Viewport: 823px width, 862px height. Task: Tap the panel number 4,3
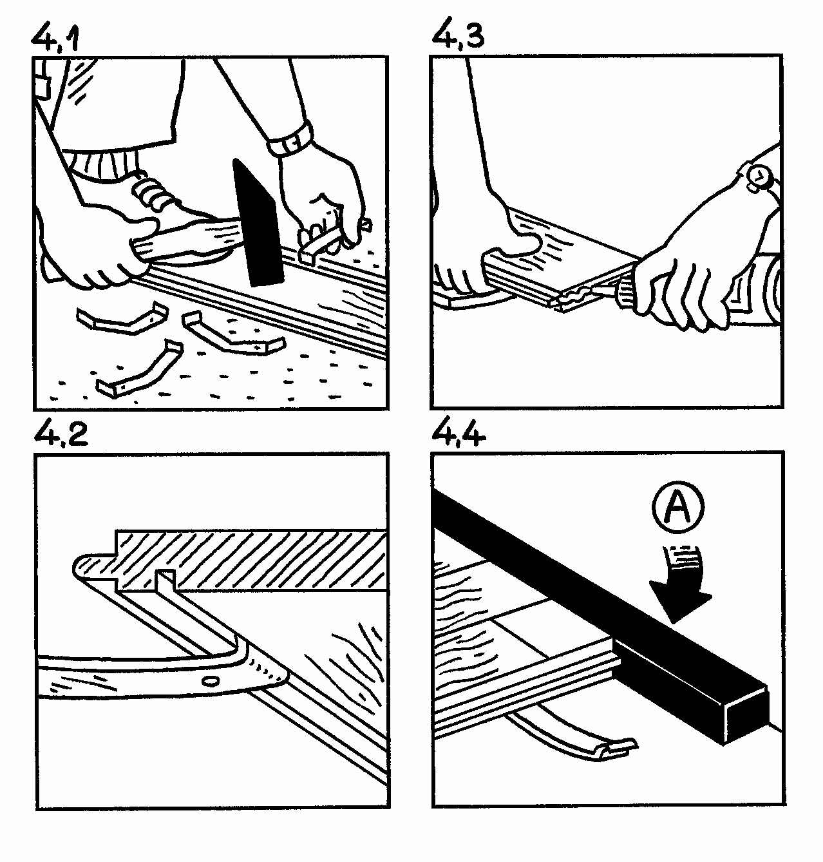[457, 34]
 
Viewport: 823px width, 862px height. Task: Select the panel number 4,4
[459, 432]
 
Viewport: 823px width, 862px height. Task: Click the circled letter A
[678, 508]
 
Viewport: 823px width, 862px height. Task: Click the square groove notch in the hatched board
[165, 580]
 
